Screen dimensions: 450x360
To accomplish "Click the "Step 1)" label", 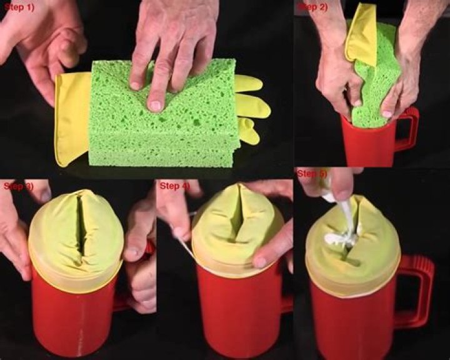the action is [x=19, y=7].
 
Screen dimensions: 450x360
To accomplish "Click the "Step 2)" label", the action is [x=313, y=7].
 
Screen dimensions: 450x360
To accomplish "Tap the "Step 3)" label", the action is [x=18, y=186].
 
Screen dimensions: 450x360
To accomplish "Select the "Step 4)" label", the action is [x=175, y=186].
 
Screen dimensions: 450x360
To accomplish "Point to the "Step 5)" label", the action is [x=312, y=174].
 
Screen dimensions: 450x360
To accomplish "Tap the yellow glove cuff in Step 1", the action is [x=72, y=117].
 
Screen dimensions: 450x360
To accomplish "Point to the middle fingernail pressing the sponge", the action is [x=155, y=106].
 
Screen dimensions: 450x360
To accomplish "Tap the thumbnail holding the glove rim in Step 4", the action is [x=260, y=262].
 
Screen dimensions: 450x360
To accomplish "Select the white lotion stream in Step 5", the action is [x=344, y=227].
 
